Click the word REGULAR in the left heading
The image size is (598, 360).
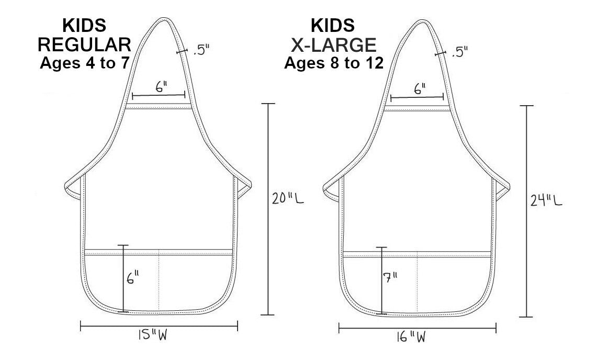coord(84,44)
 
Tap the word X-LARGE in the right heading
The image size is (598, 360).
coord(334,45)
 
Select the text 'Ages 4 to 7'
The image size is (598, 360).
coord(85,63)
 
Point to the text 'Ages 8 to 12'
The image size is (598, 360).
coord(334,63)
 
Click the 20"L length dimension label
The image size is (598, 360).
coord(288,198)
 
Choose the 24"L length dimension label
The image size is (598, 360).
coord(546,200)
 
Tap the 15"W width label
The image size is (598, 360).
coord(153,335)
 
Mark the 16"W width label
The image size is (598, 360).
coord(411,337)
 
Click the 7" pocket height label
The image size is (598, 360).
coord(390,277)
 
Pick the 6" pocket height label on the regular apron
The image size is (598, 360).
coord(132,277)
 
